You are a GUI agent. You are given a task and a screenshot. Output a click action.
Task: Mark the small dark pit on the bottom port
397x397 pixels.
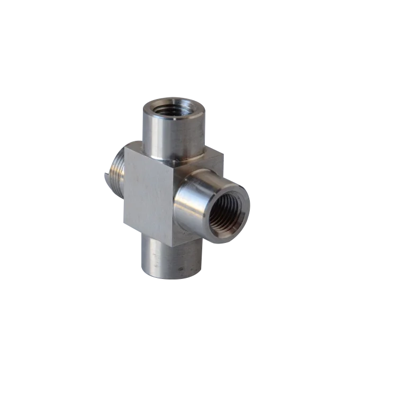coord(183,269)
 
